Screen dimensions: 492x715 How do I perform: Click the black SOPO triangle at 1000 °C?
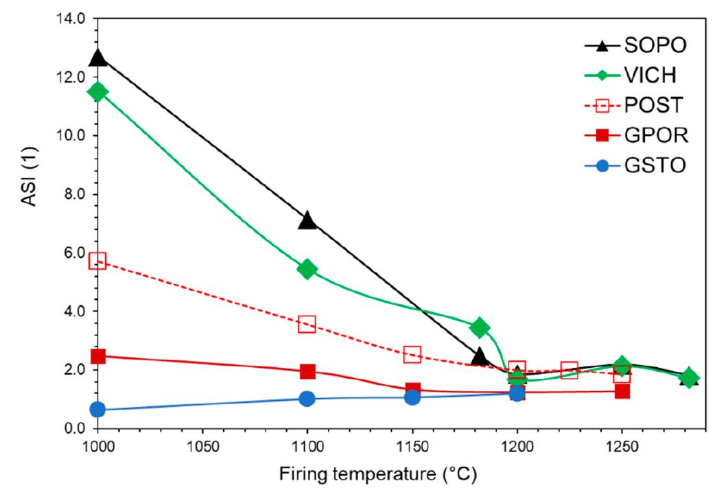click(98, 58)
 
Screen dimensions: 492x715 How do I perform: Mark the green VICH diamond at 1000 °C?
click(98, 91)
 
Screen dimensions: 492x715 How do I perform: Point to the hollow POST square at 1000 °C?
click(97, 260)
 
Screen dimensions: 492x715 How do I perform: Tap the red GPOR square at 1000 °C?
click(98, 356)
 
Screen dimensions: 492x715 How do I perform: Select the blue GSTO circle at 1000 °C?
click(97, 410)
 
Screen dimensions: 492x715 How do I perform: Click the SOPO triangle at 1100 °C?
click(307, 220)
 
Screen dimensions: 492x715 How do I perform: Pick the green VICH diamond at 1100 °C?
click(307, 269)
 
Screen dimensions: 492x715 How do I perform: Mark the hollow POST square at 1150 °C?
click(412, 355)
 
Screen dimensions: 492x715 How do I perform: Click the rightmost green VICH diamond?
click(689, 378)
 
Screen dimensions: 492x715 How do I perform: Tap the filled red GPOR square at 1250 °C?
click(622, 391)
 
